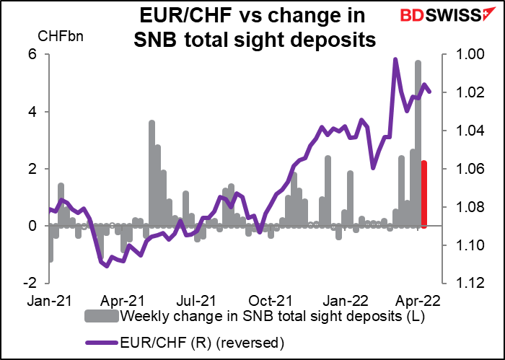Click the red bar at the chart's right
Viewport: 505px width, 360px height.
[x=424, y=195]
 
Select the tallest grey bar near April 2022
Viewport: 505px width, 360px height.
[x=418, y=144]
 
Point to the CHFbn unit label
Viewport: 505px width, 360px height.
[x=61, y=36]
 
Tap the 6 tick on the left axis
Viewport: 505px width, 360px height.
[x=40, y=55]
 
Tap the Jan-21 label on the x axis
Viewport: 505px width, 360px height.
[x=50, y=301]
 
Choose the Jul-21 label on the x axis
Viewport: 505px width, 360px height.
[x=196, y=301]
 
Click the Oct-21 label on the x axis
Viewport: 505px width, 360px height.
[x=270, y=301]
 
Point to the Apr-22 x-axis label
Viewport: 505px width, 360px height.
[x=418, y=301]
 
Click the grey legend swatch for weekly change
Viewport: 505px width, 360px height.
[x=102, y=317]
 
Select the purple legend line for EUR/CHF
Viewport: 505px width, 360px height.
[x=102, y=343]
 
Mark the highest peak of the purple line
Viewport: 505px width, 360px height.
[x=395, y=59]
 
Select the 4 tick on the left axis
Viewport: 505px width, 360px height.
[x=40, y=112]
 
